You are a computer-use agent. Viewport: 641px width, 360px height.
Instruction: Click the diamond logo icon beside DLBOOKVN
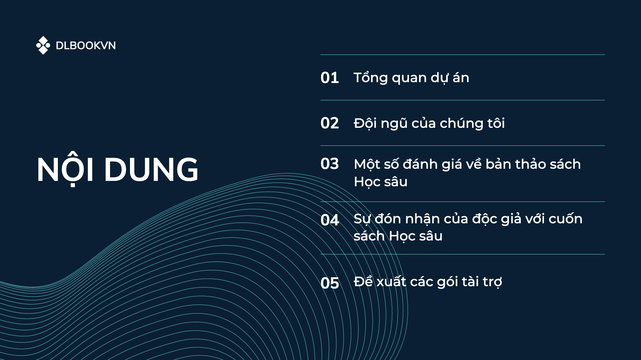click(43, 45)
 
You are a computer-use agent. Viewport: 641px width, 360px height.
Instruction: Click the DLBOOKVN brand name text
click(86, 46)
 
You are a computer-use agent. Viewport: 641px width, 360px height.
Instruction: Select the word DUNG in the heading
click(151, 169)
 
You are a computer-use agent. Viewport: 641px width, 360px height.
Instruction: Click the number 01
click(330, 78)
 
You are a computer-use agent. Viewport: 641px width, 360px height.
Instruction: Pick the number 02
click(330, 123)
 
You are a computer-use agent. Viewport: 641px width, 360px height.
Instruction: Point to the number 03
click(330, 164)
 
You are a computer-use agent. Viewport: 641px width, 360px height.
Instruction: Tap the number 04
click(330, 220)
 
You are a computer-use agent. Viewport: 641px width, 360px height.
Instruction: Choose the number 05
click(330, 283)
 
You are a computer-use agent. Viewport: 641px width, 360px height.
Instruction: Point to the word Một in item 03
click(367, 164)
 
